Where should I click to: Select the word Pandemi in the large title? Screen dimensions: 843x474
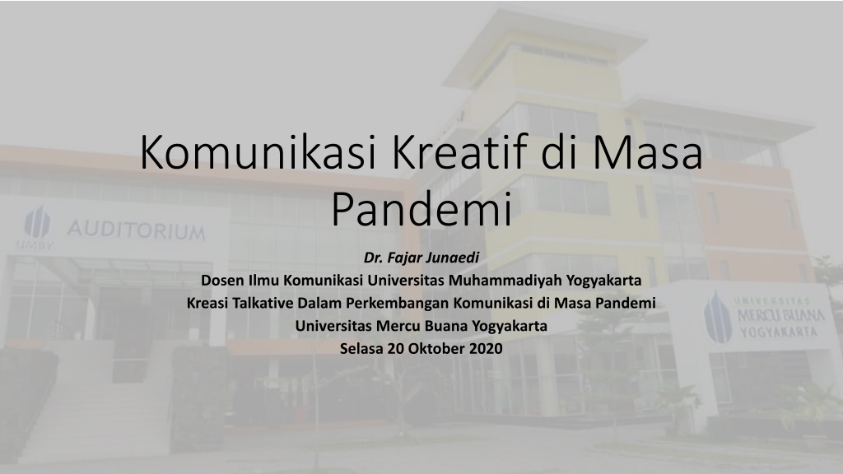point(421,210)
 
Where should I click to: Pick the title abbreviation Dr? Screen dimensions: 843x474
point(374,258)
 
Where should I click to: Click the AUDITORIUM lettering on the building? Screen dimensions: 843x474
point(137,230)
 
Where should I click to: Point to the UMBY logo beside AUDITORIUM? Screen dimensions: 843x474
point(36,226)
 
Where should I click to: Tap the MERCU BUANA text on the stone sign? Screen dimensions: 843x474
point(781,315)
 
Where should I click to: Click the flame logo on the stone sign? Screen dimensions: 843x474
point(718,318)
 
